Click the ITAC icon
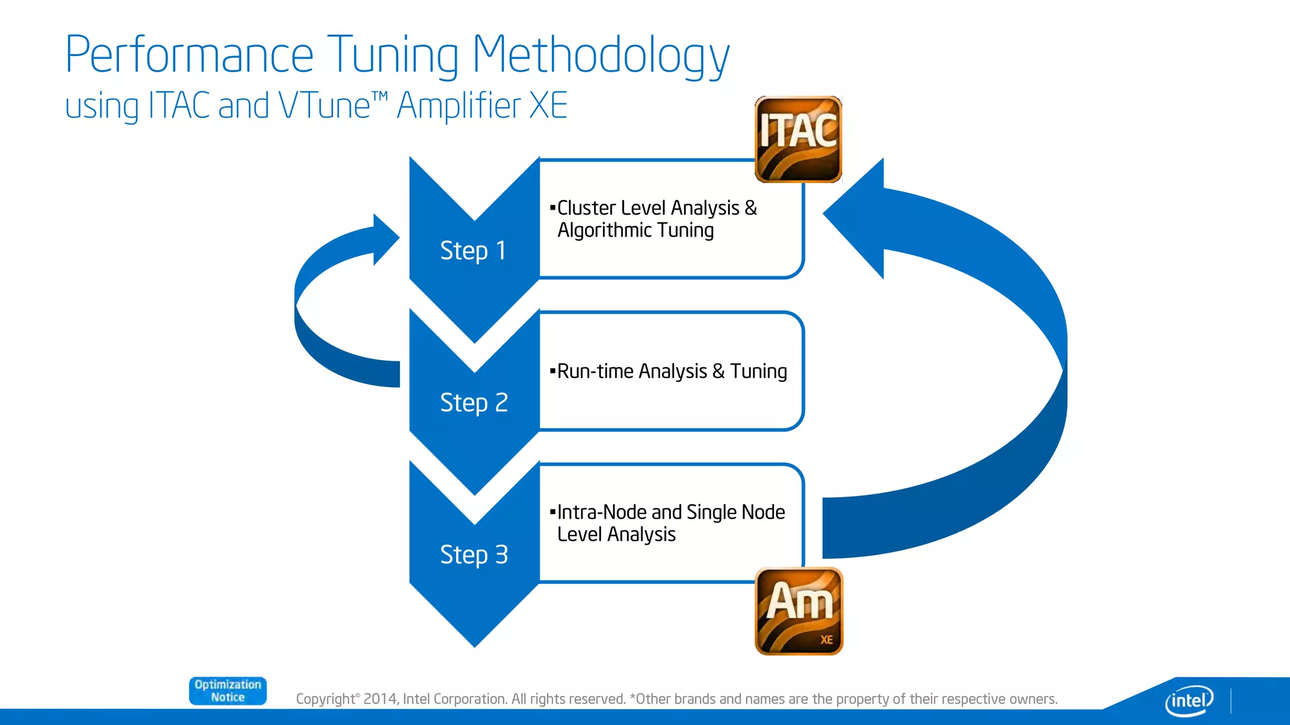click(798, 139)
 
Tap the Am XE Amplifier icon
click(799, 611)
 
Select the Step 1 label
click(473, 250)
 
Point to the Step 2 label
click(474, 403)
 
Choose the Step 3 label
click(474, 555)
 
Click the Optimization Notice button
click(227, 691)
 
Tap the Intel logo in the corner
click(1189, 700)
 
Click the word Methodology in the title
click(600, 55)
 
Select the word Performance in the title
click(189, 55)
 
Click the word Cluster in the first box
click(586, 208)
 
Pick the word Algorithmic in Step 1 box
click(604, 230)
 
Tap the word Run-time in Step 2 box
click(595, 371)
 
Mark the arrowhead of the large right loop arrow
click(853, 217)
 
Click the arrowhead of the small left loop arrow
click(385, 239)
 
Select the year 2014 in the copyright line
click(380, 699)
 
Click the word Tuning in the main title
click(394, 55)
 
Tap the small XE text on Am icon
click(826, 640)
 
